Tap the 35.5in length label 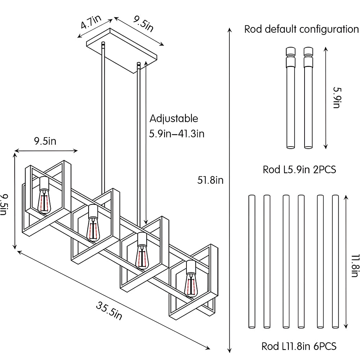109,310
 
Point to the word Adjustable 174,118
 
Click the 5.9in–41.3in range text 177,134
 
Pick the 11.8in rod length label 354,266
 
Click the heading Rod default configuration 302,30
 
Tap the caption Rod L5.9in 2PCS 299,170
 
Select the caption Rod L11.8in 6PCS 299,346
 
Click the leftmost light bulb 45,202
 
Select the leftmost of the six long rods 252,261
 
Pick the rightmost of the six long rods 336,261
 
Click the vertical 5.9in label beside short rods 336,97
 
